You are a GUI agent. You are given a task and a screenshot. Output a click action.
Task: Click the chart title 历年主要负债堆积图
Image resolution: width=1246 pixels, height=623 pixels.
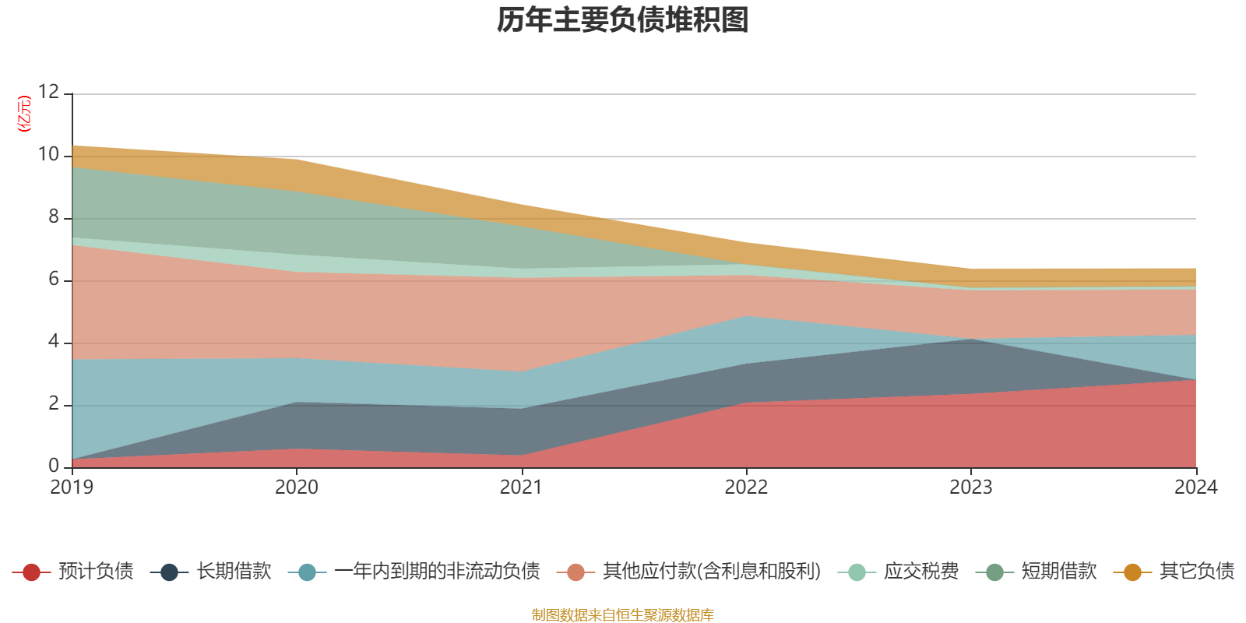coord(623,20)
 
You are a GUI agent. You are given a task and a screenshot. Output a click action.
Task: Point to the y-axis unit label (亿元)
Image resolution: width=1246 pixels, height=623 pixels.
coord(25,114)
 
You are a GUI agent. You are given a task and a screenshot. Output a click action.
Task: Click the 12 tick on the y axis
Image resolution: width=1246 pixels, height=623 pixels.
coord(48,92)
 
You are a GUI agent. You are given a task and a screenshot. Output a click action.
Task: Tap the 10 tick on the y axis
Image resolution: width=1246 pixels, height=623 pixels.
coord(48,154)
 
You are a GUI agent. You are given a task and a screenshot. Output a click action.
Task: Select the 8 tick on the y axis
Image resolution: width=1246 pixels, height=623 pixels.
coord(53,216)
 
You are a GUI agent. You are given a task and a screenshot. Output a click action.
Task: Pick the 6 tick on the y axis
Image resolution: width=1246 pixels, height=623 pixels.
coord(53,279)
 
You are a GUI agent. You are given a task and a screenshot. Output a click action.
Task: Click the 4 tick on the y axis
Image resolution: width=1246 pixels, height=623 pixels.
coord(53,341)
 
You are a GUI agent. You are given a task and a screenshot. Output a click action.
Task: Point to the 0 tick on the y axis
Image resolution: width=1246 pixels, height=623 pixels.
coord(53,466)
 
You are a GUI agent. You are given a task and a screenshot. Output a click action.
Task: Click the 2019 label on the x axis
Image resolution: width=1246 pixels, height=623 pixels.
coord(72,487)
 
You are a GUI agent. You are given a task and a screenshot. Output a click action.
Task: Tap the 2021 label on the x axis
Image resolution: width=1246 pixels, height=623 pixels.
coord(521,487)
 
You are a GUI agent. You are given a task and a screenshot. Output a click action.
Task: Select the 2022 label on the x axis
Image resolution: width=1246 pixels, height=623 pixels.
coord(746,487)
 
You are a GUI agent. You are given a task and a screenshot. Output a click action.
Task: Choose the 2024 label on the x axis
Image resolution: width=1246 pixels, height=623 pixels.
coord(1195,487)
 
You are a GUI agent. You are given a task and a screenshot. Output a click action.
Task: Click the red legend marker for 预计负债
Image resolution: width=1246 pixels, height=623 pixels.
coord(31,572)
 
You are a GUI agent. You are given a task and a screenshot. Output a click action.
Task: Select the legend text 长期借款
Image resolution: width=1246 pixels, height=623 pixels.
coord(234,572)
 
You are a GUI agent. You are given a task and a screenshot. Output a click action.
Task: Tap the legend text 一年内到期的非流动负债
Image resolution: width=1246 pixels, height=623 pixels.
coord(437,572)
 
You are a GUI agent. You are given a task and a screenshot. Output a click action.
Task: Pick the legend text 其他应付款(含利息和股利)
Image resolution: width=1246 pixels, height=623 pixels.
coord(712,572)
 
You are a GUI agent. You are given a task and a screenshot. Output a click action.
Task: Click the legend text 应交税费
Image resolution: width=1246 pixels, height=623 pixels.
coord(921,572)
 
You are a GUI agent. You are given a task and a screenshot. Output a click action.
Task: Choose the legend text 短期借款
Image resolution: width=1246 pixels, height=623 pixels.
coord(1059,572)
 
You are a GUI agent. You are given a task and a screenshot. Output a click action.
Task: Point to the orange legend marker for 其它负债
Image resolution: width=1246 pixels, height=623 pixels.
coord(1132,572)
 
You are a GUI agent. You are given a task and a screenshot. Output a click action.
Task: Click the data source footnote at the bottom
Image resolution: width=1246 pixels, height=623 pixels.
coord(623,615)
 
